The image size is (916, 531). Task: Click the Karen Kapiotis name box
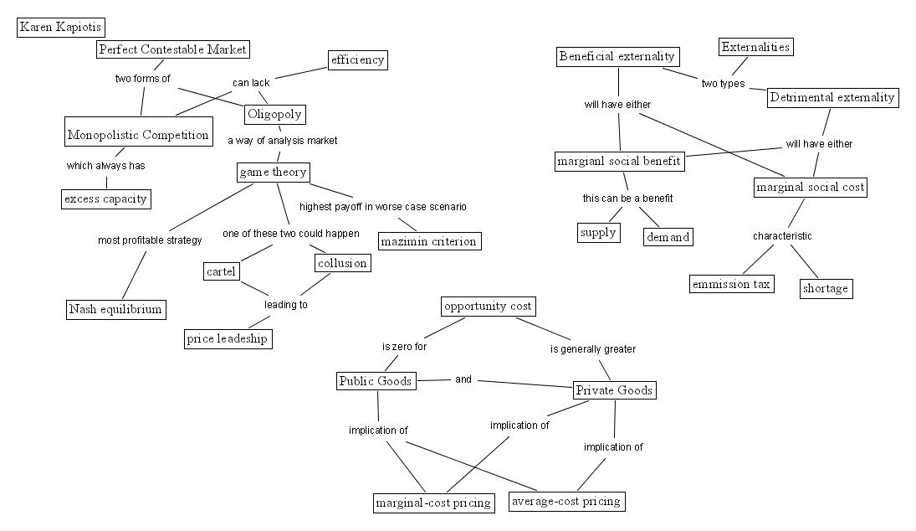[60, 28]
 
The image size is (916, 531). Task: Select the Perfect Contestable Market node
[172, 49]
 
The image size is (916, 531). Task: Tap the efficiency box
[357, 59]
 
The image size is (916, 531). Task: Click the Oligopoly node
[274, 114]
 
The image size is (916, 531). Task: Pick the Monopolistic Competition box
[138, 135]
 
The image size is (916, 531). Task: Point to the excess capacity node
[106, 198]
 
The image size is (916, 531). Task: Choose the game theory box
[273, 173]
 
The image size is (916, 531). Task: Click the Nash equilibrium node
[115, 309]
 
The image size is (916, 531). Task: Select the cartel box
[222, 271]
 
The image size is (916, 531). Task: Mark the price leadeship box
[228, 338]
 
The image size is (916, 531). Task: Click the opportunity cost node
[488, 307]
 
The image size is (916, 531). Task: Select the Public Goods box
[376, 381]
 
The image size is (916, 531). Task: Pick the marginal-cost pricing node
[433, 503]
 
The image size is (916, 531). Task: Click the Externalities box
[755, 47]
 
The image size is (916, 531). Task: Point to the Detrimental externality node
[832, 97]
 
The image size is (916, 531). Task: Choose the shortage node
[826, 288]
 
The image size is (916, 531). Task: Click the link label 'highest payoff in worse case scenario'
[382, 206]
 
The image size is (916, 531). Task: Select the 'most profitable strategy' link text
[150, 240]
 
